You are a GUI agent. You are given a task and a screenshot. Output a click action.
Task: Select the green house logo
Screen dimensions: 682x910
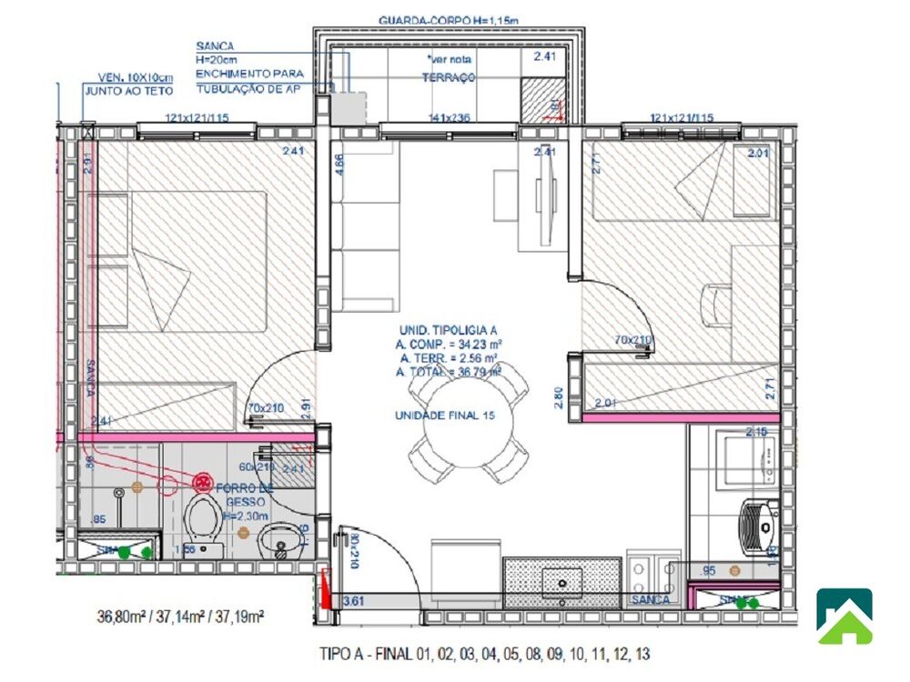click(844, 616)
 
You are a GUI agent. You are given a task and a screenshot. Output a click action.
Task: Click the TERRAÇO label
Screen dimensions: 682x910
click(448, 78)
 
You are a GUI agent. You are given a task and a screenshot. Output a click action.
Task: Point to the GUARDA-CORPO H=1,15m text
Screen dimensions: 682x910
click(450, 20)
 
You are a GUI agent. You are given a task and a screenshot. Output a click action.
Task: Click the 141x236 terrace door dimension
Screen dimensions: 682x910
click(449, 118)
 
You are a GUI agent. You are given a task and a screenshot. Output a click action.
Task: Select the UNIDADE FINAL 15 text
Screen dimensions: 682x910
click(444, 415)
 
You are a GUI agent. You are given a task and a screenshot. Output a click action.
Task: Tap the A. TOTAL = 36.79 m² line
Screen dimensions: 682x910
click(449, 372)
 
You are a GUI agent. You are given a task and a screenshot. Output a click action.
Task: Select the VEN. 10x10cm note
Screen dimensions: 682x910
click(123, 78)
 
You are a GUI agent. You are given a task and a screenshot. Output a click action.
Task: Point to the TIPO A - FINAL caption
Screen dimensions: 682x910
click(484, 653)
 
